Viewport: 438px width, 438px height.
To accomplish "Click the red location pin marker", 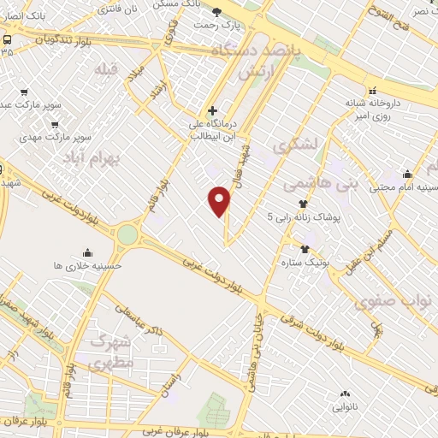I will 220,201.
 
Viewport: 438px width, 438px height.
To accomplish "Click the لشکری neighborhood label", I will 305,148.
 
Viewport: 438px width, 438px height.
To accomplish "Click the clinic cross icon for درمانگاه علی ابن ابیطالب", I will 213,110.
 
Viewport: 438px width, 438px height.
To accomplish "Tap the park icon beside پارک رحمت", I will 216,11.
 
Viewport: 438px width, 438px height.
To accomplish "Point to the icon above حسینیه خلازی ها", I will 87,252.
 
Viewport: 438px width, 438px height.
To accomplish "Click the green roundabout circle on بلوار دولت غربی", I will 128,233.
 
